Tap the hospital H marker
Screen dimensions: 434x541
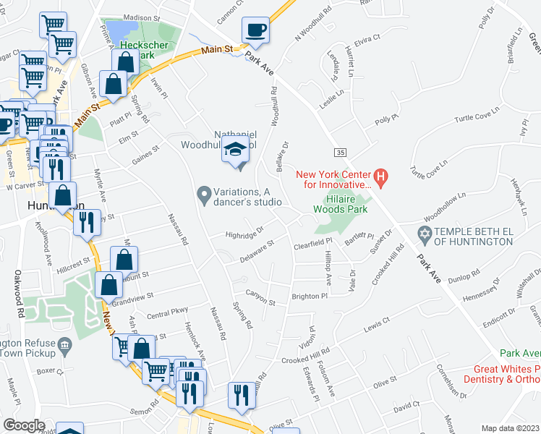[x=382, y=176]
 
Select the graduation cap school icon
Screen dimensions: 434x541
[x=235, y=150]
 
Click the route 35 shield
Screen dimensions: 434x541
[x=339, y=152]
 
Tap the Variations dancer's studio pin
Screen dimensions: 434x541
[x=205, y=194]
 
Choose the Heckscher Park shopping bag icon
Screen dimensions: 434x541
[x=126, y=61]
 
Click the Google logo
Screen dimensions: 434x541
[x=24, y=425]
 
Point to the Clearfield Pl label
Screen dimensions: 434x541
[x=312, y=244]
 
